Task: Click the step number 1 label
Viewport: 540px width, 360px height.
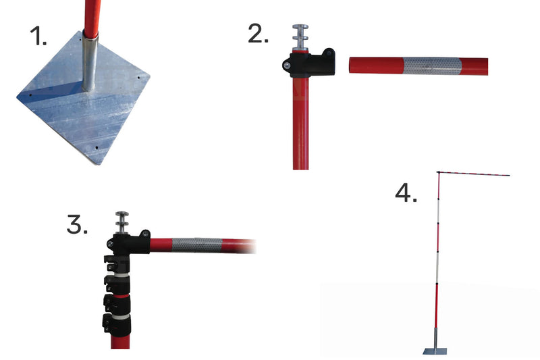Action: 38,36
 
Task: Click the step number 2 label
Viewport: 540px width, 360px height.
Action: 258,34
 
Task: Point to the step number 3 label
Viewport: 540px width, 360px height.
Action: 77,224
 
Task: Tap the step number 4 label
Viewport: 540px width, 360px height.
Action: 406,192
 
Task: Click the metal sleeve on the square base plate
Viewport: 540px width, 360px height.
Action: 90,61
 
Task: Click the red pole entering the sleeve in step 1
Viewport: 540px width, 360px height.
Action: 92,18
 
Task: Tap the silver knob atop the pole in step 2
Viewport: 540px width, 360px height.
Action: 300,37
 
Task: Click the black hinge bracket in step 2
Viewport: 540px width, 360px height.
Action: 309,63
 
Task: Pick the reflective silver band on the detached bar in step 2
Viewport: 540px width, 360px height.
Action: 432,66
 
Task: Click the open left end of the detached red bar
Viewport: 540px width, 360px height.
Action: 350,66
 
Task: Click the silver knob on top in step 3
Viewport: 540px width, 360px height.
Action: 122,222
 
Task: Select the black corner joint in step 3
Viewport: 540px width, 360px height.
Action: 128,242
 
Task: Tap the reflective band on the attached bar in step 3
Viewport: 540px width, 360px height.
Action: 197,245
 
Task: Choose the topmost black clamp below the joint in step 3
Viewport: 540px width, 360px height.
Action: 117,263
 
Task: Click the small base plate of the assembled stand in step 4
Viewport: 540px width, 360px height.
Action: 435,351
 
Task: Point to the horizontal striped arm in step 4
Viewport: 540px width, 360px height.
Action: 474,174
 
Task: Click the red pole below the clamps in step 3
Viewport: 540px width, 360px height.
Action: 120,342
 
